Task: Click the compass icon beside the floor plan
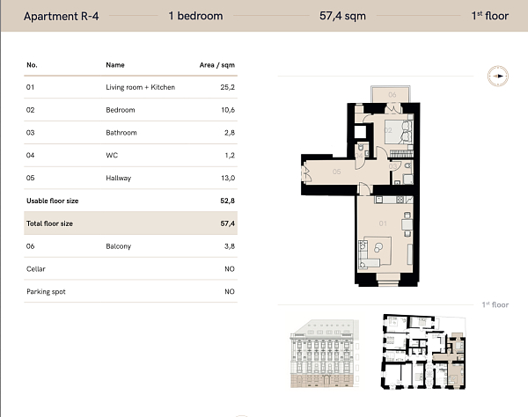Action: pyautogui.click(x=497, y=77)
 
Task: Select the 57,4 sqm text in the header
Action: pyautogui.click(x=341, y=16)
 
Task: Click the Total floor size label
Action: pyautogui.click(x=50, y=223)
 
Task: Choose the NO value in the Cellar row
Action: pyautogui.click(x=230, y=269)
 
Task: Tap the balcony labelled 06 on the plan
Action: pyautogui.click(x=392, y=94)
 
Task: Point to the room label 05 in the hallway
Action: pyautogui.click(x=336, y=172)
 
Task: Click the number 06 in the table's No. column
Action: pyautogui.click(x=31, y=246)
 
